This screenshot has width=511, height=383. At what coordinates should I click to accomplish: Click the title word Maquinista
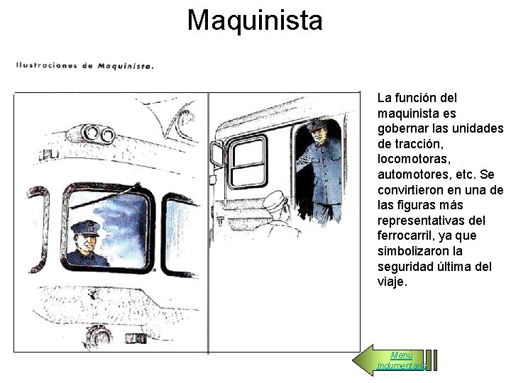(x=255, y=20)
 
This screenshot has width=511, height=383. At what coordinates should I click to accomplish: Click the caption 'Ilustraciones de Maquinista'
(x=84, y=66)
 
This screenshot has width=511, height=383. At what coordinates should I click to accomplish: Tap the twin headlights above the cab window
(x=99, y=133)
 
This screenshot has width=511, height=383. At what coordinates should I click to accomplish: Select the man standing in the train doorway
(x=321, y=170)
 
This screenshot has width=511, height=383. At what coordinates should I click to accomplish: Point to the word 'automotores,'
(x=414, y=174)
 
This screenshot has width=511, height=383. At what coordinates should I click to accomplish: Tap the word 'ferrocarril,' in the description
(x=407, y=235)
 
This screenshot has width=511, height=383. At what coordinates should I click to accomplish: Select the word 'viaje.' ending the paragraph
(x=392, y=282)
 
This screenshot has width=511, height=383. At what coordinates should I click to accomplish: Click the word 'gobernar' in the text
(x=402, y=128)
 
